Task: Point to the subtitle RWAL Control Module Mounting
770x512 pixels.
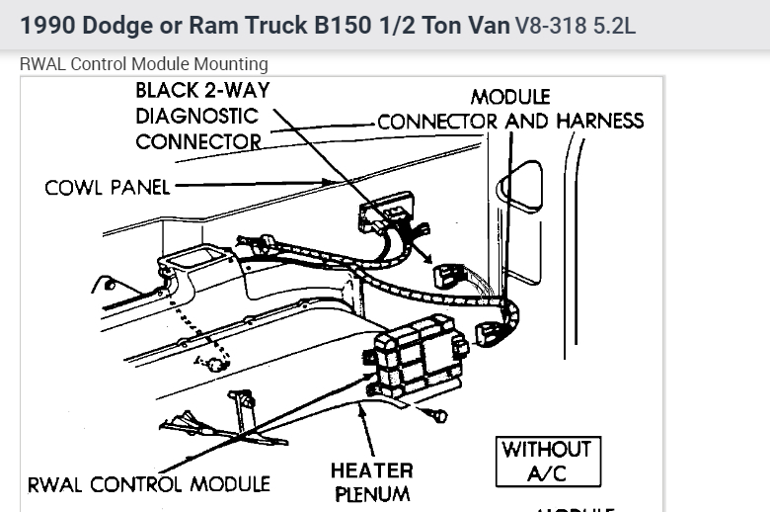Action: pos(144,64)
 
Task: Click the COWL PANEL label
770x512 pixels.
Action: pos(107,187)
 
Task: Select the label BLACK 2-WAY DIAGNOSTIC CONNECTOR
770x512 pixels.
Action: pos(202,116)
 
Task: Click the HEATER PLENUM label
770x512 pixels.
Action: pos(371,481)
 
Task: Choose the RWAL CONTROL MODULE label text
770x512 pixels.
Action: pos(148,484)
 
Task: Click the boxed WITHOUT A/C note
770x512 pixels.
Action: pos(546,461)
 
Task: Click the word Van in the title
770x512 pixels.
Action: pos(486,24)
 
